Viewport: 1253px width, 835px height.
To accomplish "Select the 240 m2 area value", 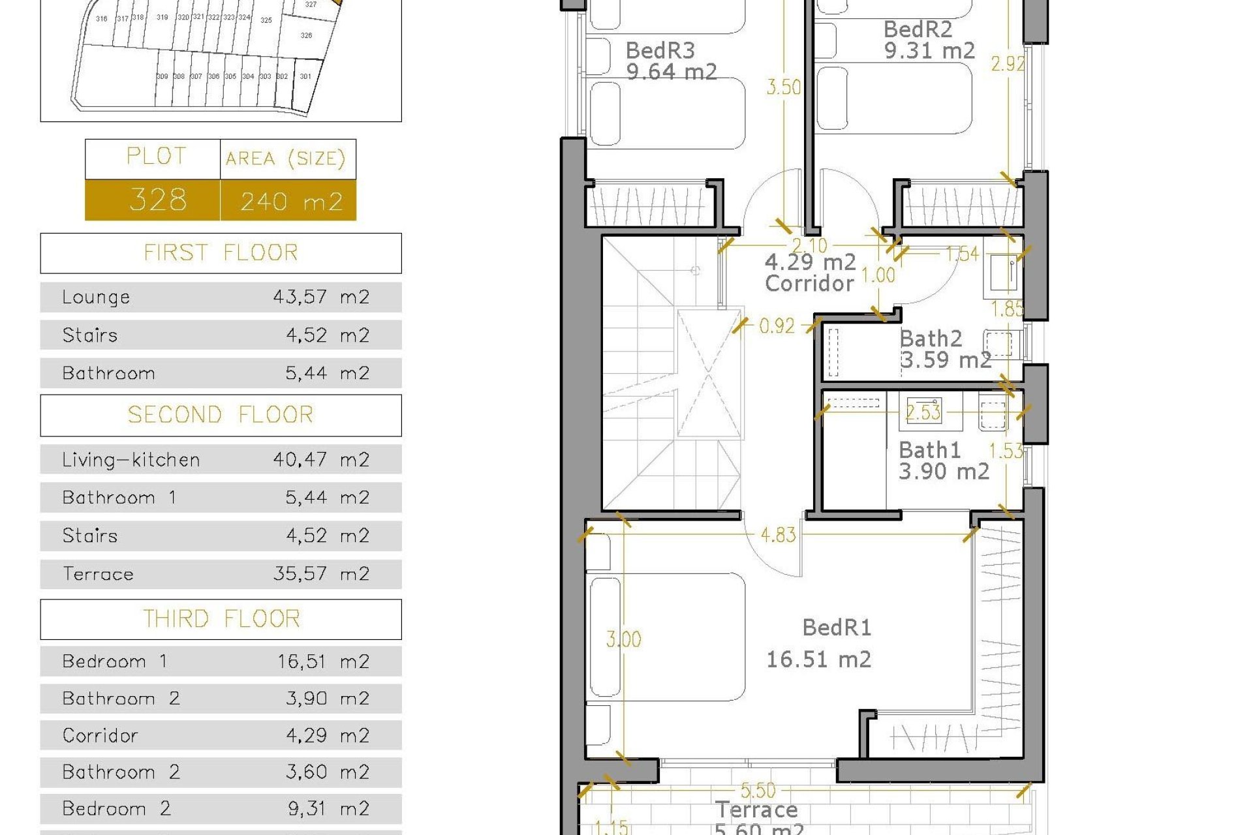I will point(291,201).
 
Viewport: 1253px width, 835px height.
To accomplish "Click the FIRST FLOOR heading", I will point(221,252).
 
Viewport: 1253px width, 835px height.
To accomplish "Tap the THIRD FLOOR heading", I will point(221,618).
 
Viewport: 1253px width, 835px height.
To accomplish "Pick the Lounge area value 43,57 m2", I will point(321,297).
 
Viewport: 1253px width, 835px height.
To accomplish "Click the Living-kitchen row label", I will point(131,460).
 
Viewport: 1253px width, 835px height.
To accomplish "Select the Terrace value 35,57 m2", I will point(321,573).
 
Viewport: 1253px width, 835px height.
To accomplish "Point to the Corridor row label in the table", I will point(101,735).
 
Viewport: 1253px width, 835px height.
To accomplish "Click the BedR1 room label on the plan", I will point(836,628).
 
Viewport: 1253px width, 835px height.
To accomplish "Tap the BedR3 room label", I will point(660,50).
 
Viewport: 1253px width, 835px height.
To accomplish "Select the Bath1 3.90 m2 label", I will point(943,461).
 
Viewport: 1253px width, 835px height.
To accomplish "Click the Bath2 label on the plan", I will point(931,339).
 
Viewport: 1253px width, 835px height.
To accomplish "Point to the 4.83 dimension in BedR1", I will point(778,535).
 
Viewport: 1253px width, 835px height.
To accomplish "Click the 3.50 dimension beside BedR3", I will point(783,87).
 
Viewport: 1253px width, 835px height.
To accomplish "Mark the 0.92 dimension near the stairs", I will point(777,326).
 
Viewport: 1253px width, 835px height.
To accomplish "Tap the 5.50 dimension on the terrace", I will point(758,791).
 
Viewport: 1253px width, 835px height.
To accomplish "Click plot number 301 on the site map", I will point(305,76).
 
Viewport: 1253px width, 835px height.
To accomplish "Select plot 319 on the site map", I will point(162,18).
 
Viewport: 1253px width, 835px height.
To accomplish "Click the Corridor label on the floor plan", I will point(809,283).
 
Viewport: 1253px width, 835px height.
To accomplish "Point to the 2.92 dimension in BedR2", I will point(1007,63).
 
